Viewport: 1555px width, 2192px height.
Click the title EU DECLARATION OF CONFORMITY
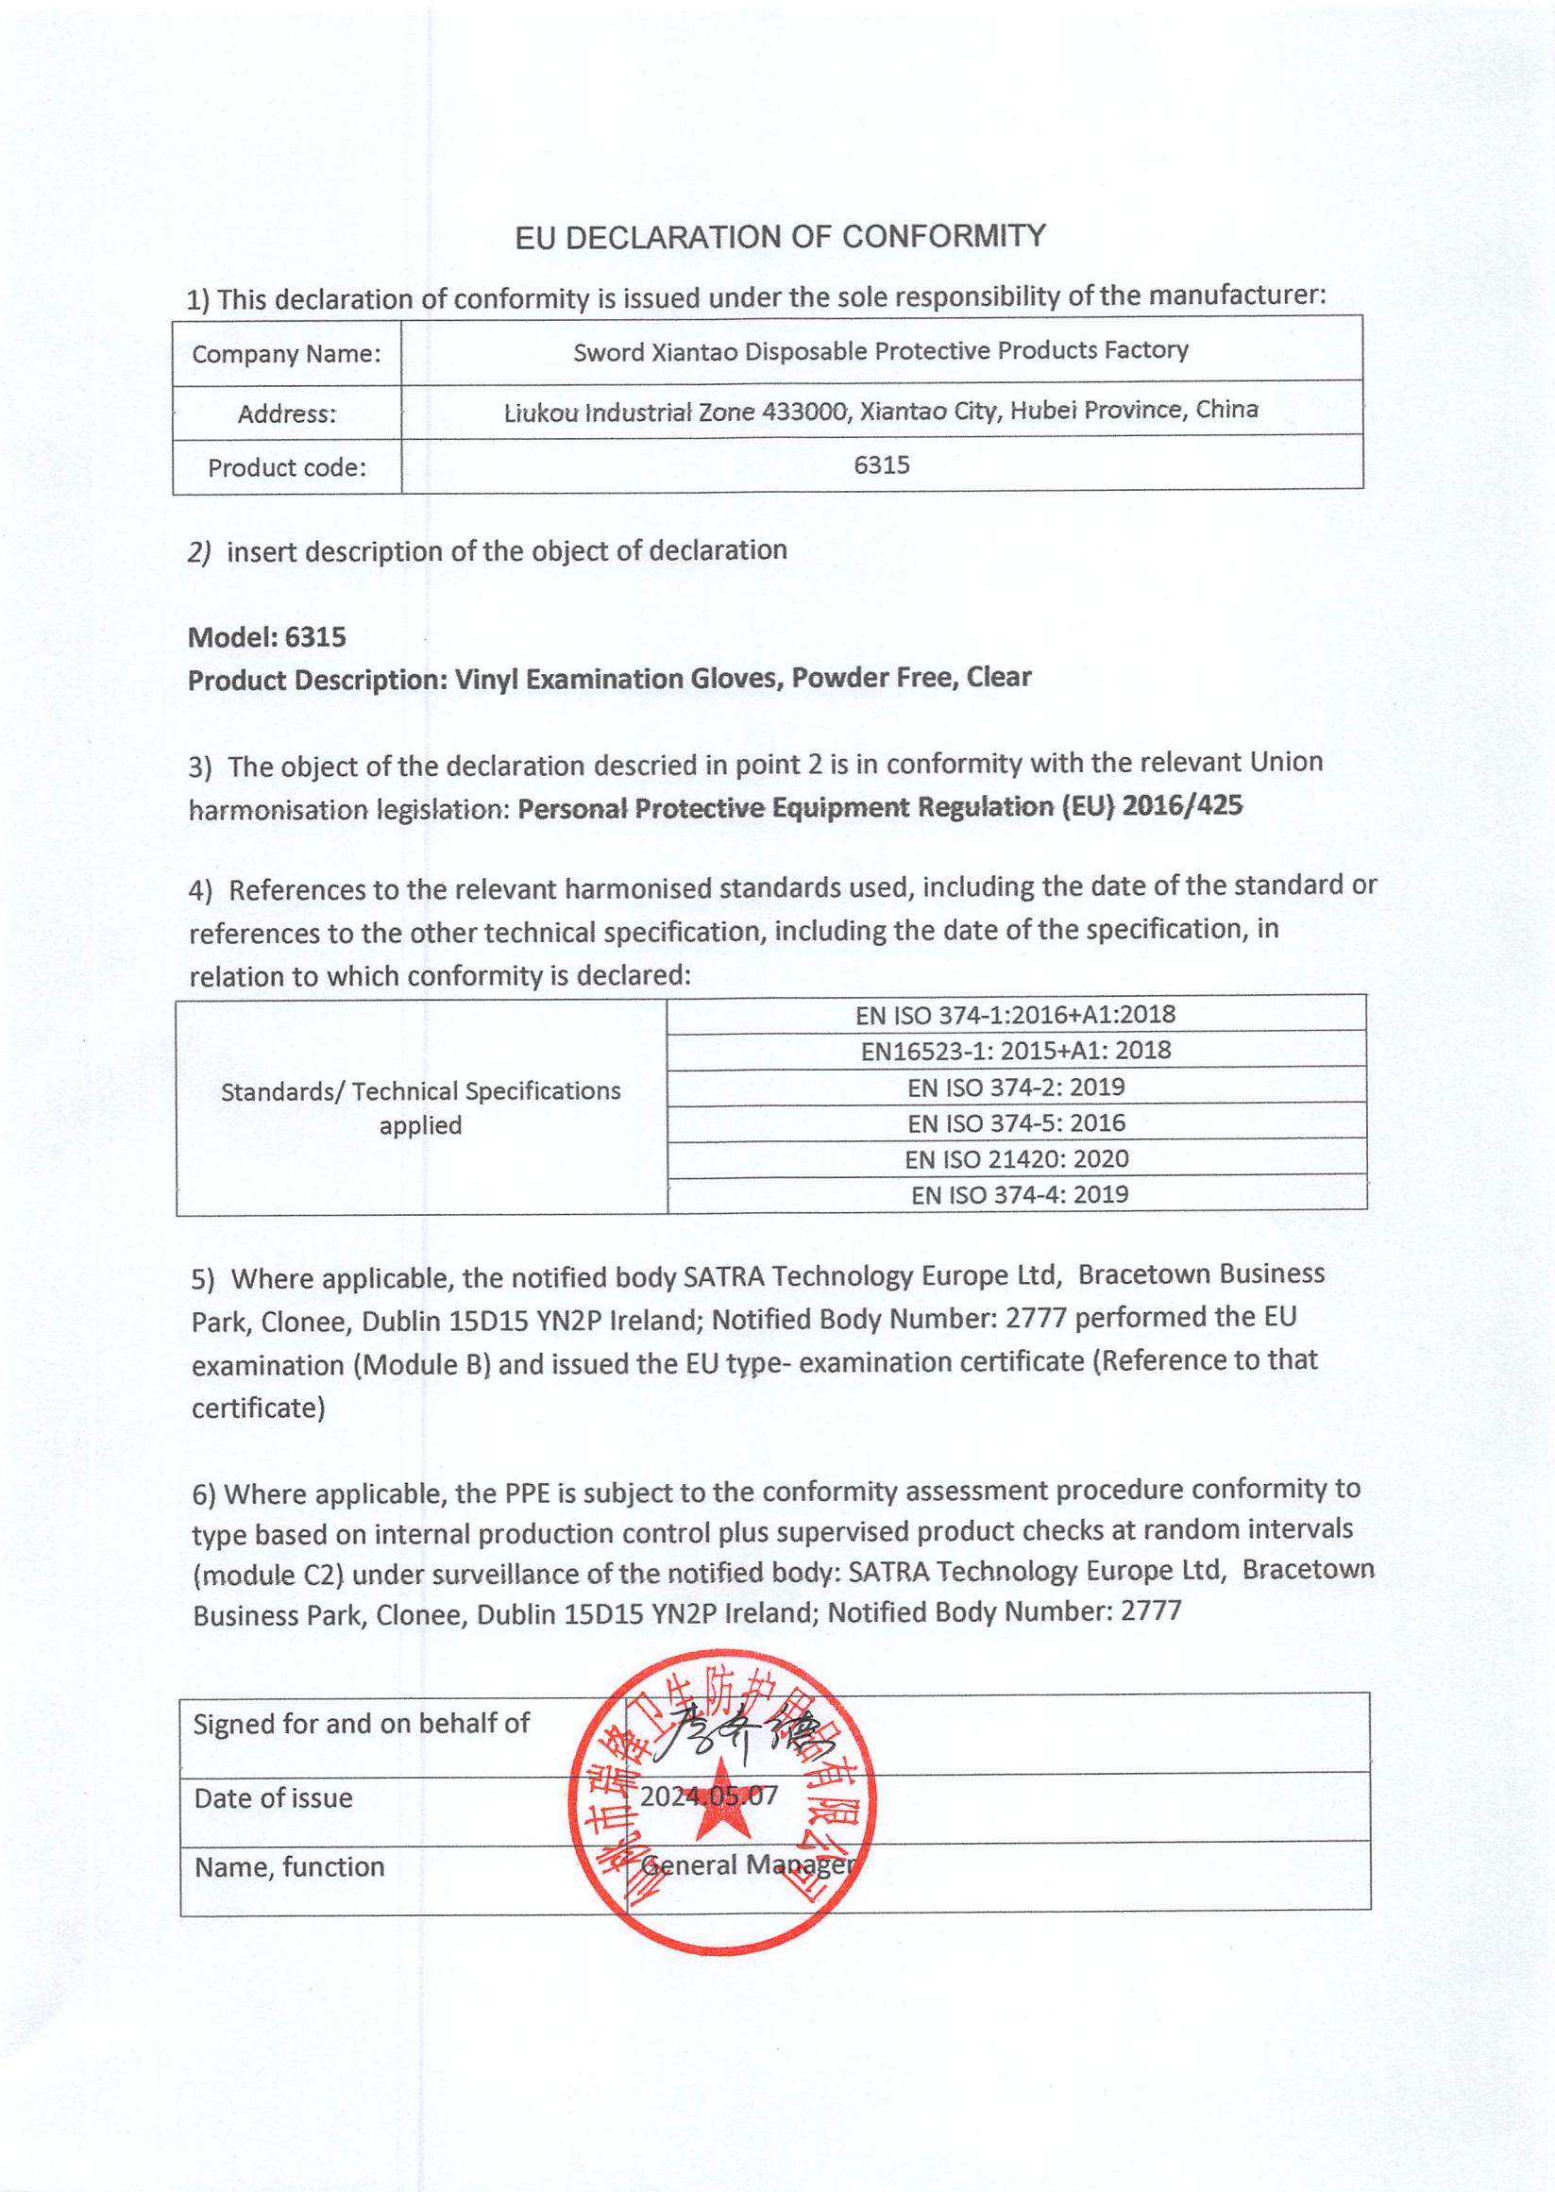780,236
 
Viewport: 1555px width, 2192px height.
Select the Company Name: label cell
286,354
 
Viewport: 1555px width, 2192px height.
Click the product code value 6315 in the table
881,465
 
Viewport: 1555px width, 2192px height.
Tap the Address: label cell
286,414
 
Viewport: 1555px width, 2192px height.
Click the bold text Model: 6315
266,636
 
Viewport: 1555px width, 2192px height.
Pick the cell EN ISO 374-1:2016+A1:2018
1015,1015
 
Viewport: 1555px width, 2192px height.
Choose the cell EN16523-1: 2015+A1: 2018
1015,1051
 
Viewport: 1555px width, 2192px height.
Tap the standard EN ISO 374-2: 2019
1015,1088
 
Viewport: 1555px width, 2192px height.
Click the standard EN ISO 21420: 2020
1015,1159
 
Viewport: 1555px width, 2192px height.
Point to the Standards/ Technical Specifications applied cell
420,1107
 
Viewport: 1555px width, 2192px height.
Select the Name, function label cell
289,1866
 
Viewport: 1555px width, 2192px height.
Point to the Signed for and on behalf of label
361,1724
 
